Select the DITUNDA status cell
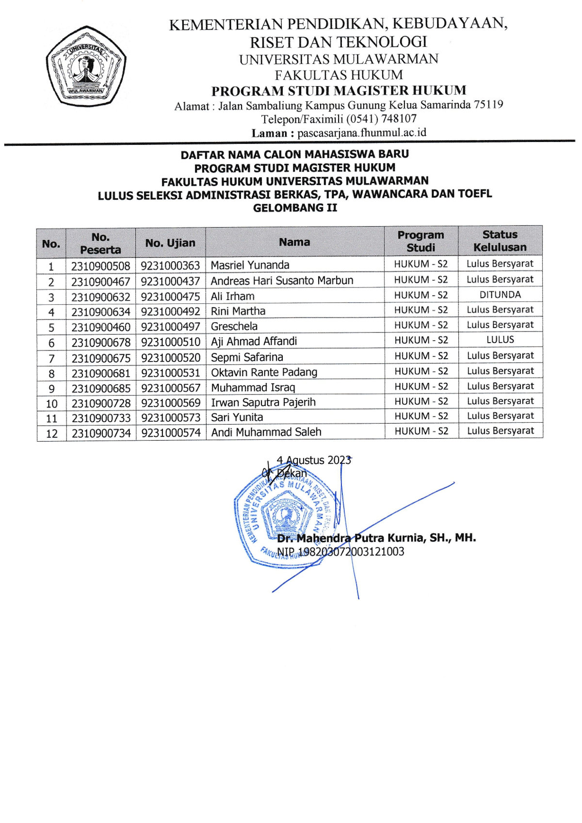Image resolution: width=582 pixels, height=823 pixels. (x=500, y=295)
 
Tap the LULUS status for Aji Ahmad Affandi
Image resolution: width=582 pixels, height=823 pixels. (x=500, y=340)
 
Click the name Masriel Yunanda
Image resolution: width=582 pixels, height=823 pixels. (x=250, y=265)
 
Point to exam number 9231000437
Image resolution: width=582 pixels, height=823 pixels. (x=170, y=281)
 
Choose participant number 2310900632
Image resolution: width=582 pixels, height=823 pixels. (x=101, y=296)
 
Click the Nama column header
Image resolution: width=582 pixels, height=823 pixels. (x=294, y=242)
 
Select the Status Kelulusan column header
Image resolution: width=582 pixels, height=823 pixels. (x=500, y=241)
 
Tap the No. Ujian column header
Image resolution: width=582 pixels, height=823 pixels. (x=170, y=243)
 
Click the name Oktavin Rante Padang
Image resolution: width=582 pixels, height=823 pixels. (x=264, y=372)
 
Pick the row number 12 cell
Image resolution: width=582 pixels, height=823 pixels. (x=51, y=433)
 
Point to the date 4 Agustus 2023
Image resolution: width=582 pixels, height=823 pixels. (x=313, y=460)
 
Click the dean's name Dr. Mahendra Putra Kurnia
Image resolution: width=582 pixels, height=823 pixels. (x=376, y=538)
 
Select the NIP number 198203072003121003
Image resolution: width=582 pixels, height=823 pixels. (x=340, y=552)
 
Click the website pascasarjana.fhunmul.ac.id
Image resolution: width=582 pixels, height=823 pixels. (x=362, y=132)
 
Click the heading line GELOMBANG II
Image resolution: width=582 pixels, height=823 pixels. (x=295, y=208)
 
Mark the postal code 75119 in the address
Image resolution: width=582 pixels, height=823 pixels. (x=488, y=105)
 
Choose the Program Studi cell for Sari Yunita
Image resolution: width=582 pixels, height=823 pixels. (x=421, y=416)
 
